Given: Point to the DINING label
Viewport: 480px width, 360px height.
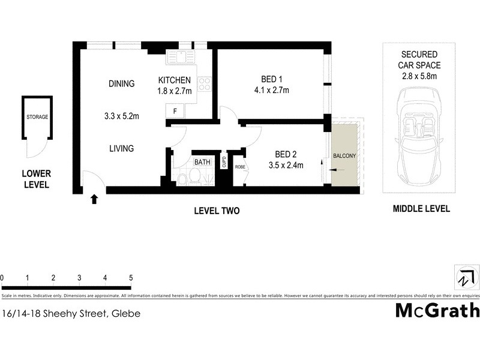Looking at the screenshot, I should [x=121, y=83].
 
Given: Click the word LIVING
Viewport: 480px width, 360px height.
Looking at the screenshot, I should [x=121, y=148].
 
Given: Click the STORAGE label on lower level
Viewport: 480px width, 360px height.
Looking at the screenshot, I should [x=37, y=117].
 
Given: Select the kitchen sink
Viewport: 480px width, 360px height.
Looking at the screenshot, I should [x=179, y=57].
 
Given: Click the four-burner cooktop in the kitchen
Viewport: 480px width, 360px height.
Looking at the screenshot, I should [x=205, y=83].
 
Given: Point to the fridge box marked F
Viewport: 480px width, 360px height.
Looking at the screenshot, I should [x=175, y=111].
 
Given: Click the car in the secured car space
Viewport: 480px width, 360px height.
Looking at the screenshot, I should [x=418, y=139].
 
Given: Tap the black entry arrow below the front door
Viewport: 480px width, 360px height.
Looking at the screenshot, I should [x=94, y=198].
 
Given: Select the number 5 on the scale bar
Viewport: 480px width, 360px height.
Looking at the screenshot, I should [x=130, y=278].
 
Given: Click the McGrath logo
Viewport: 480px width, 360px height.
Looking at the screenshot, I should [x=437, y=310].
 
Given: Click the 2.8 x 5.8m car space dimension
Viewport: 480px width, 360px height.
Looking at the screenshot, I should [x=420, y=76].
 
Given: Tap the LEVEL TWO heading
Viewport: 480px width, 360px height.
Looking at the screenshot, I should [x=217, y=211].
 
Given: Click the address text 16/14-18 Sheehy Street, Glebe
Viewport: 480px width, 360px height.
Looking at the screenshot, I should [x=71, y=313].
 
